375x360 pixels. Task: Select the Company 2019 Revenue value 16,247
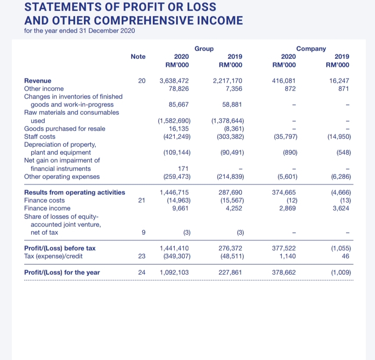click(x=342, y=81)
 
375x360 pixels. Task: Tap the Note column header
click(x=138, y=57)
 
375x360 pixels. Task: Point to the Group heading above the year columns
click(x=204, y=49)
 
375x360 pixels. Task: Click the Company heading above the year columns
click(x=311, y=49)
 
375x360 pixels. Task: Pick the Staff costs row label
click(x=40, y=137)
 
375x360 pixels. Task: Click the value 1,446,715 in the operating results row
click(x=175, y=193)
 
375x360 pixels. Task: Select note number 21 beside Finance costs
click(x=141, y=200)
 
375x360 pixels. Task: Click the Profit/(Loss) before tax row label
click(x=60, y=248)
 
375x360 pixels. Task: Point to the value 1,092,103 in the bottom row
click(x=174, y=273)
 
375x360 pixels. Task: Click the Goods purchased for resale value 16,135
click(x=179, y=129)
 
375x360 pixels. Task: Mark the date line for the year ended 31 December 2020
click(x=79, y=31)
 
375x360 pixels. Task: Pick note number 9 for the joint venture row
click(x=141, y=232)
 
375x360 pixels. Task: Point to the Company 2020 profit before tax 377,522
click(x=284, y=248)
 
